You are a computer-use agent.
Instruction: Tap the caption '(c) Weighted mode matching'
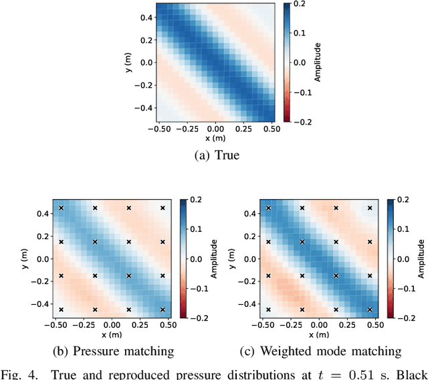pos(321,351)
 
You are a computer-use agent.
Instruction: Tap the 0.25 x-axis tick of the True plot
pos(243,127)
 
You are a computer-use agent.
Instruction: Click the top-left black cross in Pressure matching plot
pos(61,208)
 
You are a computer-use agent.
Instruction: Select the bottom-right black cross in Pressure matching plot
pos(163,310)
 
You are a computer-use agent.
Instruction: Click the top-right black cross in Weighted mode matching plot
pos(370,208)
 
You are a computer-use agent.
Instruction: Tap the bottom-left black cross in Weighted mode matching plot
pos(268,310)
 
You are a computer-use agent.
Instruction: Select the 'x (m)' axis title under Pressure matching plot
pos(112,333)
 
